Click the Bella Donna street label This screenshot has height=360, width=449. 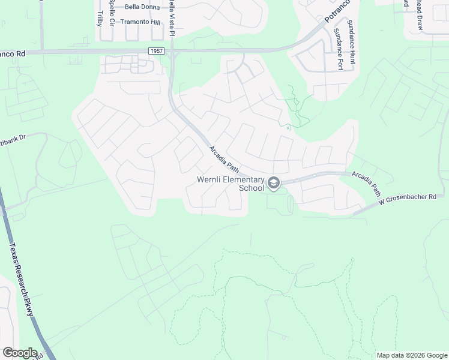pyautogui.click(x=143, y=7)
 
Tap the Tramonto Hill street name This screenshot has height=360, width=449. pyautogui.click(x=141, y=22)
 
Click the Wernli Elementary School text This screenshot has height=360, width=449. pyautogui.click(x=231, y=184)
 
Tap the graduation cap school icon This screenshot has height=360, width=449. pyautogui.click(x=274, y=184)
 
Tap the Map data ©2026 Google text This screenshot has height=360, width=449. pyautogui.click(x=412, y=355)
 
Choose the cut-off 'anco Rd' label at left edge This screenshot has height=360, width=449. pyautogui.click(x=13, y=53)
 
